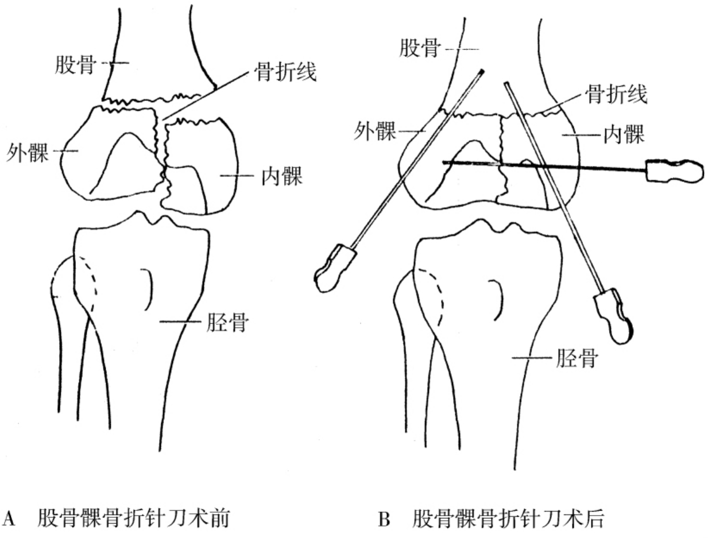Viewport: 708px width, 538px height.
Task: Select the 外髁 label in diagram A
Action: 28,152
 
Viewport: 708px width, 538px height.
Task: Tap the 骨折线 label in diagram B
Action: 616,95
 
